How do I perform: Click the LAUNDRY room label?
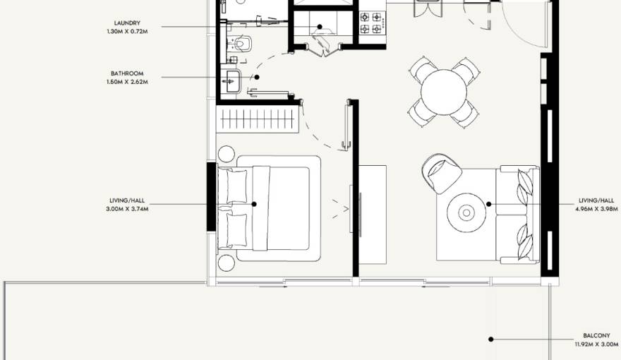(x=127, y=23)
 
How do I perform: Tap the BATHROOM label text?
(x=127, y=73)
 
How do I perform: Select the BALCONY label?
(x=596, y=336)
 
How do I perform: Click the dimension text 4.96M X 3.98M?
(x=596, y=209)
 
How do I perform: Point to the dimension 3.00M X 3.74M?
(x=127, y=209)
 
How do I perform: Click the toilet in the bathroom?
(x=241, y=44)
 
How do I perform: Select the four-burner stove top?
(x=373, y=23)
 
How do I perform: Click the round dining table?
(x=444, y=92)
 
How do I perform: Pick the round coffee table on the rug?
(x=466, y=212)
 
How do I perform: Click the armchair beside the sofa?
(x=442, y=173)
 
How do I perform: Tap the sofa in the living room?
(x=518, y=215)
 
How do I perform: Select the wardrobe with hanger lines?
(x=258, y=119)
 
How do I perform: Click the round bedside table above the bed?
(x=227, y=154)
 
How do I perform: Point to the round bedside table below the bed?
(x=227, y=263)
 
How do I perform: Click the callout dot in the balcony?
(x=490, y=340)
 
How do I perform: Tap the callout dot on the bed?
(x=254, y=205)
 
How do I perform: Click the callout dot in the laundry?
(x=320, y=27)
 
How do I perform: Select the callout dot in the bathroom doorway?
(x=257, y=77)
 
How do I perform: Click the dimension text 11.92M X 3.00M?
(x=596, y=344)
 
